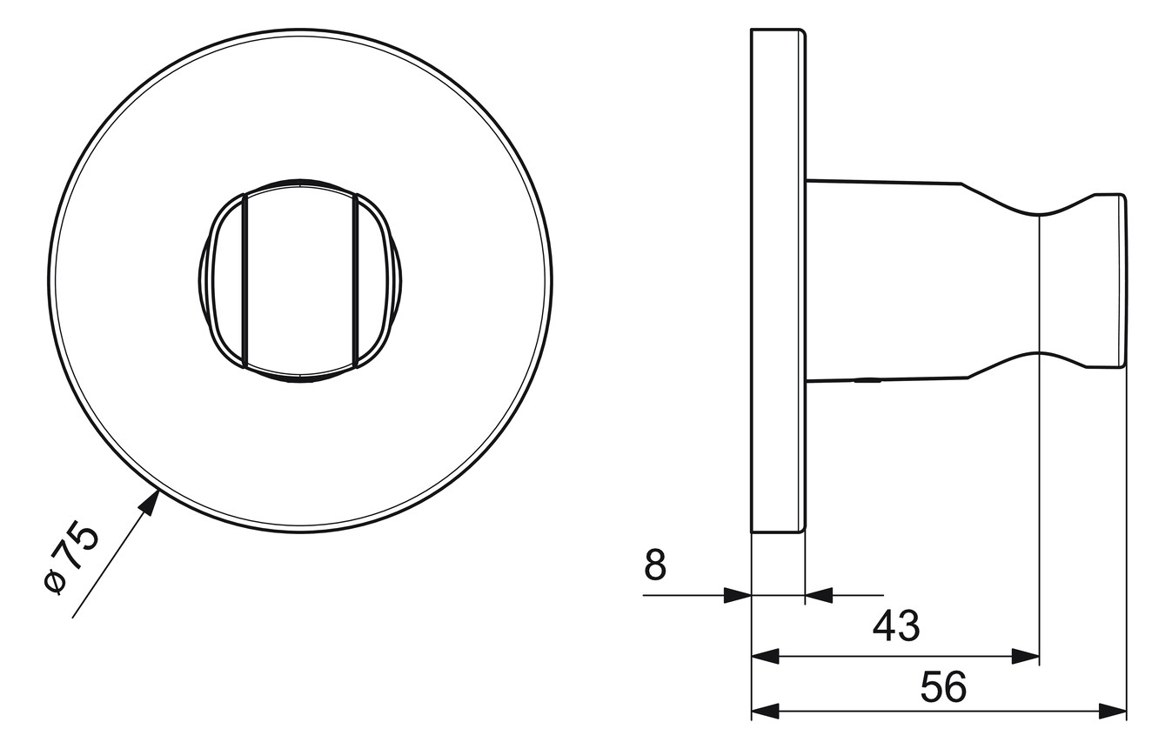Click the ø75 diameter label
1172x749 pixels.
coord(71,559)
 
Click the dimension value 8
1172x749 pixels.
coord(655,565)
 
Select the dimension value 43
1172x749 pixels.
coord(896,625)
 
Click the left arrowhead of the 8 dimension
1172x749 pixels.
coord(737,595)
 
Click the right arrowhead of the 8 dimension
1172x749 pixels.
coord(819,595)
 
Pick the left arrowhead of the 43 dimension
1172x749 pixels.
coord(765,657)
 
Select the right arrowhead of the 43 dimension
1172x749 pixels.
coord(1026,657)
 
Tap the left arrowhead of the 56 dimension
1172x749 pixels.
coord(765,712)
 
